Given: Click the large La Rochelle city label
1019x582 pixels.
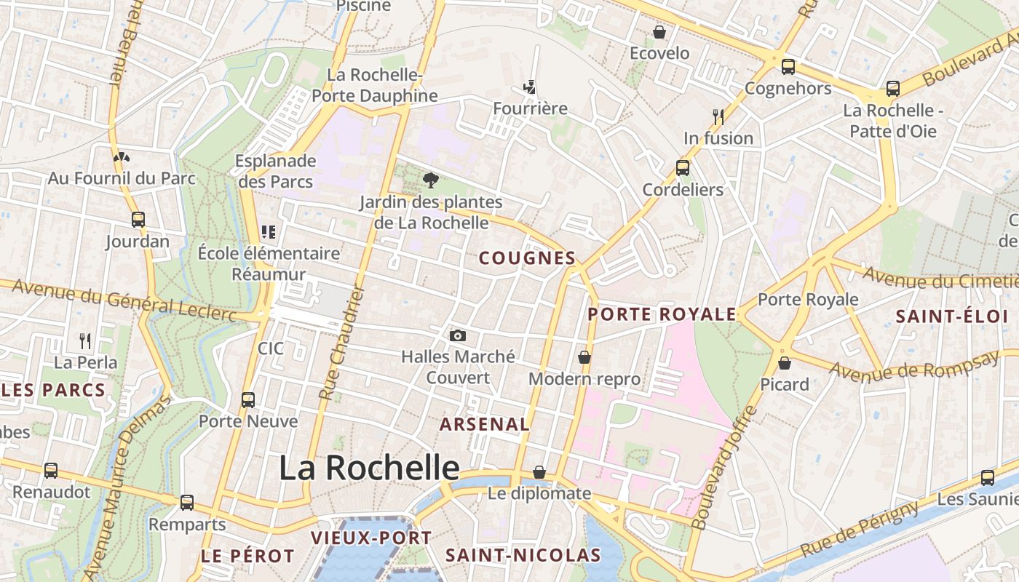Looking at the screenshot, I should point(369,468).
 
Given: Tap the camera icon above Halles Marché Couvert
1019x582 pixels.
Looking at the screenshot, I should point(457,335).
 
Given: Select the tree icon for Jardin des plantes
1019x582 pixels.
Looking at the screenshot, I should point(431,180).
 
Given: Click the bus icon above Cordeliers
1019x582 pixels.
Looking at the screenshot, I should point(683,168).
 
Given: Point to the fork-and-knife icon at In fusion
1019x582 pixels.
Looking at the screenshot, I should point(718,116).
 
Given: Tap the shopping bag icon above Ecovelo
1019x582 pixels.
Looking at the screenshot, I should point(659,32).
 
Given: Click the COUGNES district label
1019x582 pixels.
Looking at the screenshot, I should point(528,258).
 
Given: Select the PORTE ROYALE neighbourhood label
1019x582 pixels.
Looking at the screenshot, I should point(662,314).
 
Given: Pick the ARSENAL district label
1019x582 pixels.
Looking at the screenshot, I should point(485,424).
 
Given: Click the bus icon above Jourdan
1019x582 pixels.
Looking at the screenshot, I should point(138,220).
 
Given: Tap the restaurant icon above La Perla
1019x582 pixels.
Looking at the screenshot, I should point(85,340).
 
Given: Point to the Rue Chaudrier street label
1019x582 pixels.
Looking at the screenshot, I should point(341,342).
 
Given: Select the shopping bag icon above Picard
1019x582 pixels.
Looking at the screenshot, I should point(785,362).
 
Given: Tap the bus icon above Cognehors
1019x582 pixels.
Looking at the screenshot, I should point(788,67).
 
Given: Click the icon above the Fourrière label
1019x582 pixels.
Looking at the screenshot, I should point(529,87).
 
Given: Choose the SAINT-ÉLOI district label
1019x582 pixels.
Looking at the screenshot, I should point(951,316).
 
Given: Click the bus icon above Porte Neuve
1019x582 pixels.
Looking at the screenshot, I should point(248,399).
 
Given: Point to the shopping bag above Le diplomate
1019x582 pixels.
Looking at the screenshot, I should point(539,472).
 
